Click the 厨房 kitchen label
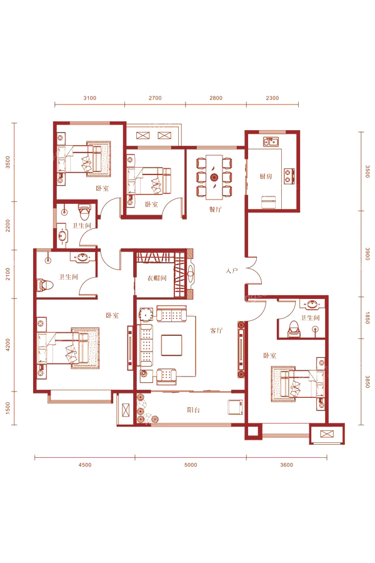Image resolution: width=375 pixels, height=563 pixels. (x=266, y=176)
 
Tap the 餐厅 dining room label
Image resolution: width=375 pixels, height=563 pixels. (x=215, y=210)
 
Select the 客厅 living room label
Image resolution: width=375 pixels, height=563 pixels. (x=216, y=331)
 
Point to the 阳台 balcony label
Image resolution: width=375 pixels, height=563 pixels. (x=193, y=410)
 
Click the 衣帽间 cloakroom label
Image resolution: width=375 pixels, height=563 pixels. (x=157, y=278)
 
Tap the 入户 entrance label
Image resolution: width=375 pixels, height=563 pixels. (x=232, y=270)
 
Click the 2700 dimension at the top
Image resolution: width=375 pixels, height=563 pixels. (x=155, y=98)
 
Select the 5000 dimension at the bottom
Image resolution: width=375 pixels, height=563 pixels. (x=191, y=465)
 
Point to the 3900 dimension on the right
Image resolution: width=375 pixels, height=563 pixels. (x=367, y=253)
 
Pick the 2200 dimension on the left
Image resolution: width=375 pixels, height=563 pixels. (x=8, y=226)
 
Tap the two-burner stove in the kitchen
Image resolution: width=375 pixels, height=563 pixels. (x=289, y=176)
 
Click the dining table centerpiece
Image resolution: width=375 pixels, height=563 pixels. (x=214, y=177)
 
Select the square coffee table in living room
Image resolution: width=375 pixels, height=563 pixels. (x=171, y=345)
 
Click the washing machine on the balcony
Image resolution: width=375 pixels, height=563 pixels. (x=236, y=407)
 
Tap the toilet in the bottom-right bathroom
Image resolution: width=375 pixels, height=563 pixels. (x=294, y=329)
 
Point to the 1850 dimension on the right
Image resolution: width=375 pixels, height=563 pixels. (x=367, y=318)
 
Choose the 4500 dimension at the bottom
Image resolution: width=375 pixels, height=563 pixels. (x=85, y=465)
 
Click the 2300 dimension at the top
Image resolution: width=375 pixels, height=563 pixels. (x=272, y=98)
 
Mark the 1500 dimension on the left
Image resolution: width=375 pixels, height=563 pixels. (x=8, y=408)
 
